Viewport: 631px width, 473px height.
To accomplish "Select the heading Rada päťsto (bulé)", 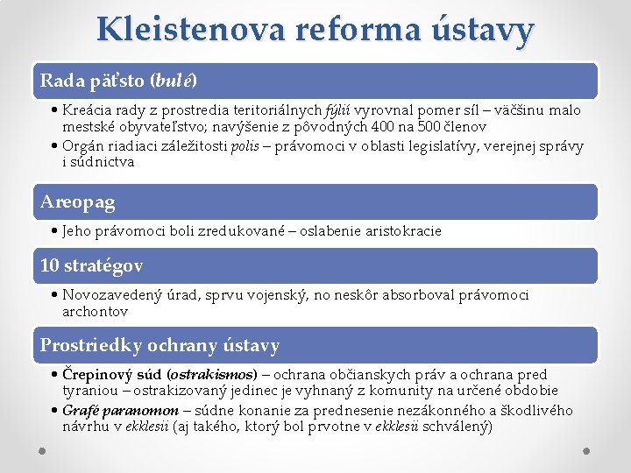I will [118, 81].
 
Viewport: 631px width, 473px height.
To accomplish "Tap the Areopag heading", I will [78, 202].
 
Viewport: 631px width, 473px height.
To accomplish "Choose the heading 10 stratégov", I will [92, 265].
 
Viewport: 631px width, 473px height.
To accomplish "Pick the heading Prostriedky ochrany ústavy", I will [160, 346].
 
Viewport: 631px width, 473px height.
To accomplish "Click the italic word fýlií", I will [338, 111].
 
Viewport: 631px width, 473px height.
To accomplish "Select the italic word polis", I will [245, 147].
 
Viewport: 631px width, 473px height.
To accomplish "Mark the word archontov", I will [95, 311].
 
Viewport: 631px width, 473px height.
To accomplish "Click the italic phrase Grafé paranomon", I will [119, 412].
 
